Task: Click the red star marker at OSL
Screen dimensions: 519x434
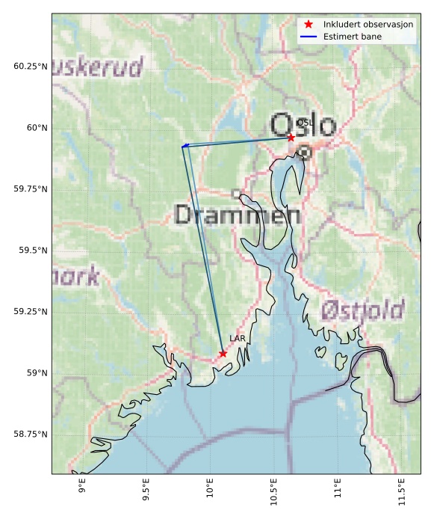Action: coord(291,138)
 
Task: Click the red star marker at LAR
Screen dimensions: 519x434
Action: coord(223,353)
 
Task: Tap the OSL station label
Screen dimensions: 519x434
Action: coord(305,123)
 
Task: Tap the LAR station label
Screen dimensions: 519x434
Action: coord(238,339)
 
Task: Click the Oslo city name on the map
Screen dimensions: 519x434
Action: coord(303,125)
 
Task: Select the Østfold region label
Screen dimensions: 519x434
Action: coord(363,310)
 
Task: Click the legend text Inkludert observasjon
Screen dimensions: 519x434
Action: coord(368,25)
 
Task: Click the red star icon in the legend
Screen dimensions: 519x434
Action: coord(309,25)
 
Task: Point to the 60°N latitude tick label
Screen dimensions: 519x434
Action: coord(34,128)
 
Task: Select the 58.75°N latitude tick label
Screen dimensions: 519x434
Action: coord(31,434)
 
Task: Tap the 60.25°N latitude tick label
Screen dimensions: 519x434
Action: coord(31,67)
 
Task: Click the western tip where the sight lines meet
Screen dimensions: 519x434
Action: coord(182,146)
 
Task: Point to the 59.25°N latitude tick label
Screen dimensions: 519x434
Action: coord(31,312)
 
